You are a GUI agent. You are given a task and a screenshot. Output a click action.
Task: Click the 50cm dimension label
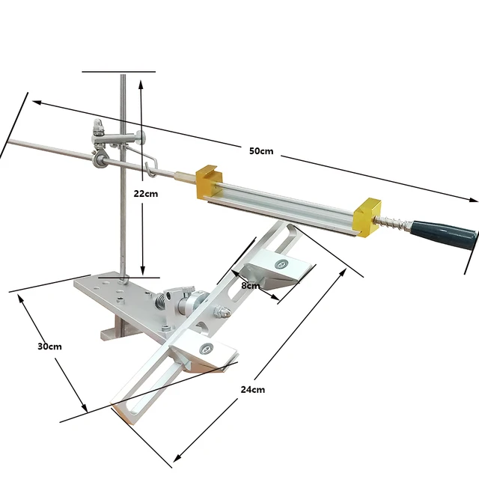click(261, 150)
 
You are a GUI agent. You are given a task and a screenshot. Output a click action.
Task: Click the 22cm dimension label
click(146, 193)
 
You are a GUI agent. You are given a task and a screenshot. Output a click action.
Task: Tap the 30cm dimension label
click(50, 347)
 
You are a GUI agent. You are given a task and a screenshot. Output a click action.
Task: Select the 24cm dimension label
click(252, 389)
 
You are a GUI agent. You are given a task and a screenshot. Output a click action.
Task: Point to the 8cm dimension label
click(251, 285)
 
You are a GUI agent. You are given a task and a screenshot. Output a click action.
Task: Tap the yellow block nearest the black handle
click(368, 219)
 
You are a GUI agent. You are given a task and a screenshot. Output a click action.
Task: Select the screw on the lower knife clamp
click(206, 346)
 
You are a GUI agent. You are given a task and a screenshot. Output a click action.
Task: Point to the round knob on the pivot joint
click(196, 304)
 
